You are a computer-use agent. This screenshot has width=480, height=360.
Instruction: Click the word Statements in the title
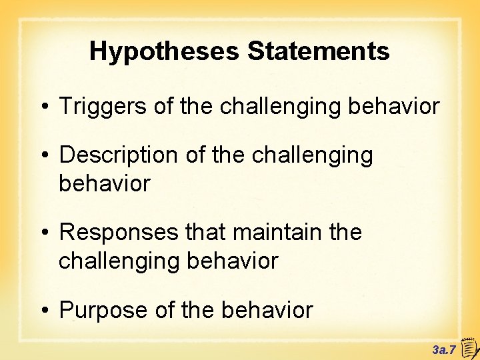[319, 51]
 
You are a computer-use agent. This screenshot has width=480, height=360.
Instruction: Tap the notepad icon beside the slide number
[467, 347]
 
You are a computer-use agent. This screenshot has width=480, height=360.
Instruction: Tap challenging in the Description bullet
[313, 155]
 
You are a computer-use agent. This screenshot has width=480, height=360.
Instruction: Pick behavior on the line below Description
[105, 183]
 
